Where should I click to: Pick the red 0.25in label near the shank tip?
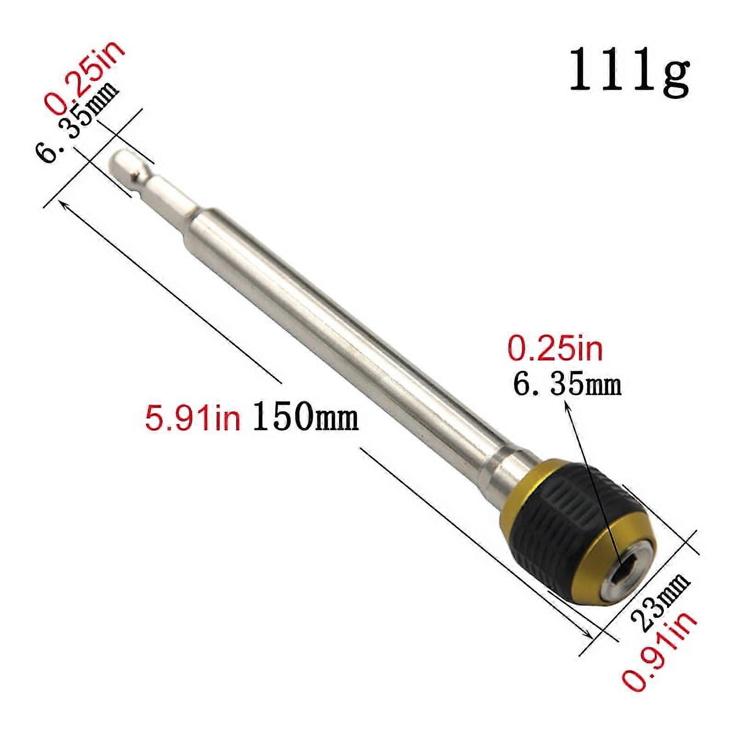(85, 76)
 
